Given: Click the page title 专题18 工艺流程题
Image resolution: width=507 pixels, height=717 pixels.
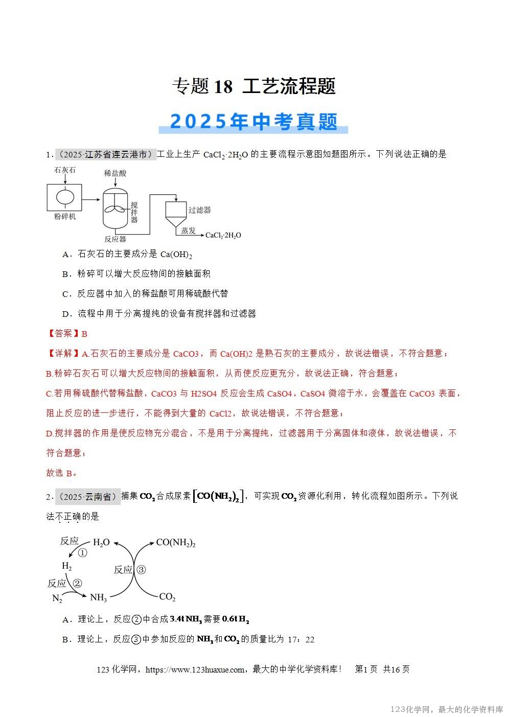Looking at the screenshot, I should [253, 86].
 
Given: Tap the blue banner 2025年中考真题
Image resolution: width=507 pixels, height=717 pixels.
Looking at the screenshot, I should [253, 122].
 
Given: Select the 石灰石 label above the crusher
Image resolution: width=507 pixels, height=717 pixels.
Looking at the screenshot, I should [65, 170].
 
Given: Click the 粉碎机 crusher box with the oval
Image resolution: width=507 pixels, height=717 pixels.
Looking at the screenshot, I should [65, 197].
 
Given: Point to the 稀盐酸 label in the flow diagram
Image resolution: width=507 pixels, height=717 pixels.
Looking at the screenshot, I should [115, 173].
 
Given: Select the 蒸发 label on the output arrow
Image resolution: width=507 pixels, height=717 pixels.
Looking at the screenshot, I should [188, 230].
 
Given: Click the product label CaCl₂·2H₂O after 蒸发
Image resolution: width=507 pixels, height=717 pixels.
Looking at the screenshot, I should [223, 235].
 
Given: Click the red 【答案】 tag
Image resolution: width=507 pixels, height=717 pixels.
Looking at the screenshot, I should [63, 334].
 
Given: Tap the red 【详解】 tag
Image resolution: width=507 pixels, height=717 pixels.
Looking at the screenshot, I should [63, 354].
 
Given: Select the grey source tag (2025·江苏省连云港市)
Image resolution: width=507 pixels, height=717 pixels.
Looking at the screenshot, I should [105, 154].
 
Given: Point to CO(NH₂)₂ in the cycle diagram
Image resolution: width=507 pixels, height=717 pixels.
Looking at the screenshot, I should [176, 543].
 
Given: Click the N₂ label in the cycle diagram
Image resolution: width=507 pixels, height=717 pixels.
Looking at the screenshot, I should [57, 598].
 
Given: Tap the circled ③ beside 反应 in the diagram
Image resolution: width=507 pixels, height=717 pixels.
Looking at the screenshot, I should [141, 569].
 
